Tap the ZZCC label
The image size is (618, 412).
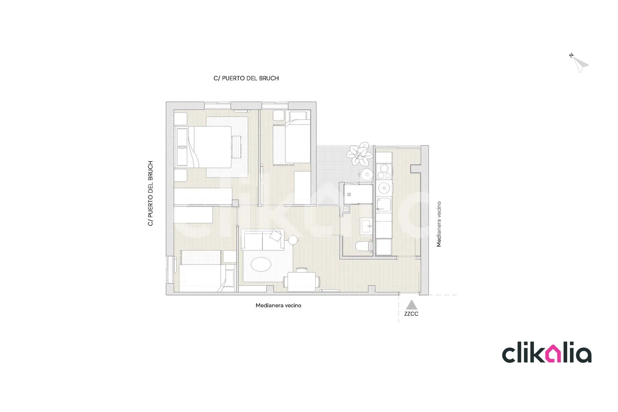[411, 314]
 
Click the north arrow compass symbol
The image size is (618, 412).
[580, 64]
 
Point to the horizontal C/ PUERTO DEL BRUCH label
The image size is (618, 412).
[246, 78]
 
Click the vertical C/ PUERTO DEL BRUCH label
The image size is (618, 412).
[150, 194]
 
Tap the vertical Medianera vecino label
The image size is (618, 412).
[439, 224]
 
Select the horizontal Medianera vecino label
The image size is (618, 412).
[279, 305]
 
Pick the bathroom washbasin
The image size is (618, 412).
[366, 226]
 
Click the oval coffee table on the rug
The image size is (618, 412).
[261, 264]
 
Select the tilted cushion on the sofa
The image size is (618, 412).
[276, 235]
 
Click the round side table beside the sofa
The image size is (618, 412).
[293, 240]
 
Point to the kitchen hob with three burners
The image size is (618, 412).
[384, 171]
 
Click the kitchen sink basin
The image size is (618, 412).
[384, 205]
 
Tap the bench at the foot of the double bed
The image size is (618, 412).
[236, 147]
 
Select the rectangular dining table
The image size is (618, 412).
[302, 282]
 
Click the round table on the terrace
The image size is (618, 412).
[367, 174]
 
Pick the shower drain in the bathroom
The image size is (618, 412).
[349, 194]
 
